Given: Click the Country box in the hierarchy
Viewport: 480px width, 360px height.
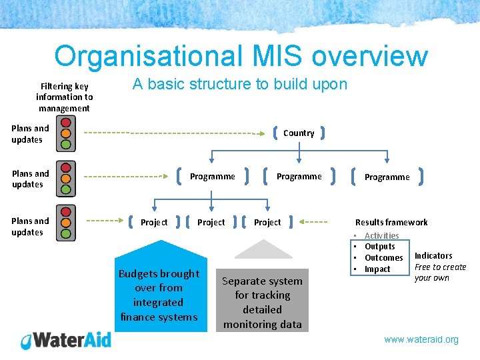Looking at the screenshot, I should pyautogui.click(x=299, y=133).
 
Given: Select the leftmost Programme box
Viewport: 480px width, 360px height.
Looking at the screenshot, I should pyautogui.click(x=212, y=177).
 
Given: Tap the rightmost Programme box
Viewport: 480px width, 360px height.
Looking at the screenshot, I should pyautogui.click(x=387, y=177).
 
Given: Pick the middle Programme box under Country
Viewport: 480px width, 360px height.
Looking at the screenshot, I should pyautogui.click(x=299, y=177).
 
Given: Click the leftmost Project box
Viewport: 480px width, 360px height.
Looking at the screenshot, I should pyautogui.click(x=154, y=222).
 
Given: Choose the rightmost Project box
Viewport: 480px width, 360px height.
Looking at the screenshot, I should pyautogui.click(x=267, y=222).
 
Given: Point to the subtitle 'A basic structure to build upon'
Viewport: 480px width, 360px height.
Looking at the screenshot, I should pyautogui.click(x=239, y=84).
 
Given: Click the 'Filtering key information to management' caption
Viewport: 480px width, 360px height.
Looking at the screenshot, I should pyautogui.click(x=64, y=97).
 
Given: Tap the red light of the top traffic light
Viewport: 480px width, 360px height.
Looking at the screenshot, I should pyautogui.click(x=65, y=123).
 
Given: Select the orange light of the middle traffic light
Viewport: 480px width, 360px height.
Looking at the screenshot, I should pyautogui.click(x=65, y=179).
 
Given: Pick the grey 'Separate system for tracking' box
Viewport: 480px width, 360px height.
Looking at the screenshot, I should pyautogui.click(x=262, y=302).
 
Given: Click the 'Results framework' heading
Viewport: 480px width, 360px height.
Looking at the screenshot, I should pyautogui.click(x=391, y=222).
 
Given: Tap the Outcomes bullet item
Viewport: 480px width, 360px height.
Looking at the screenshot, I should pyautogui.click(x=383, y=258).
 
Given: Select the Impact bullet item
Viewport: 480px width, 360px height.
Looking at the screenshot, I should pyautogui.click(x=377, y=269).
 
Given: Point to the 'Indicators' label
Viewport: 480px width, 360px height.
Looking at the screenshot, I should pyautogui.click(x=433, y=256).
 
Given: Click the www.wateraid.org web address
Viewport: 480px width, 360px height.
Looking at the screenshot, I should pyautogui.click(x=421, y=339).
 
